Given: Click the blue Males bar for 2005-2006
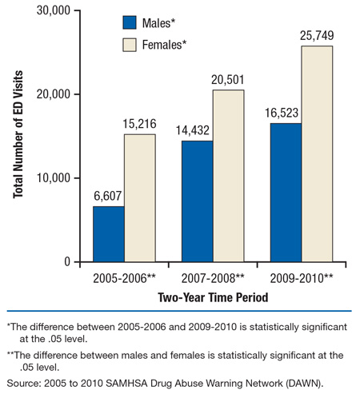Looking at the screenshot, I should [109, 234].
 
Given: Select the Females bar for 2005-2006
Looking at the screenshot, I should [140, 198].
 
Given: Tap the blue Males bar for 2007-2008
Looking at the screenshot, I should [197, 201].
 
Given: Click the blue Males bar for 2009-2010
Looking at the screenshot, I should [286, 193].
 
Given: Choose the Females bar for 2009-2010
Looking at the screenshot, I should [317, 154].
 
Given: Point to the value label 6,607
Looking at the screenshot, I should [108, 197].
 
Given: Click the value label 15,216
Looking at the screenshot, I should [140, 125].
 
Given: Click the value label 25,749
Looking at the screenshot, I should [317, 37].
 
